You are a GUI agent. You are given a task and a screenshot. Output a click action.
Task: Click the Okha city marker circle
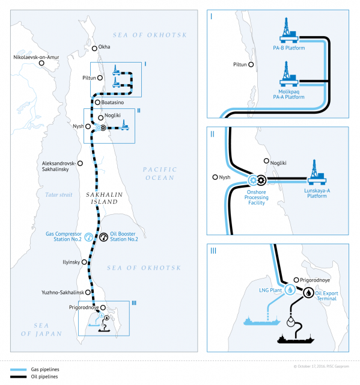pyautogui.click(x=94, y=47)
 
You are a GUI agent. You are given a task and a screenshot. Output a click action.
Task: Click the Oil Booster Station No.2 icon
pyautogui.click(x=104, y=237)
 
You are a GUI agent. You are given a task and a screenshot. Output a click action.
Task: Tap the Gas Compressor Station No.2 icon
pyautogui.click(x=88, y=237)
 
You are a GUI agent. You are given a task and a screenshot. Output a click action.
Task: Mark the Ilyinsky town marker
pyautogui.click(x=82, y=262)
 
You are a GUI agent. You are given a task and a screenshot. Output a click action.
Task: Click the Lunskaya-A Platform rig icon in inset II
pyautogui.click(x=317, y=171)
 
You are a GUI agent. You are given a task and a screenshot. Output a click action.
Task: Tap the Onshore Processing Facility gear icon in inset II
pyautogui.click(x=259, y=179)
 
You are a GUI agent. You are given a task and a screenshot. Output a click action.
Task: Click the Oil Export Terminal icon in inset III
pyautogui.click(x=309, y=292)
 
